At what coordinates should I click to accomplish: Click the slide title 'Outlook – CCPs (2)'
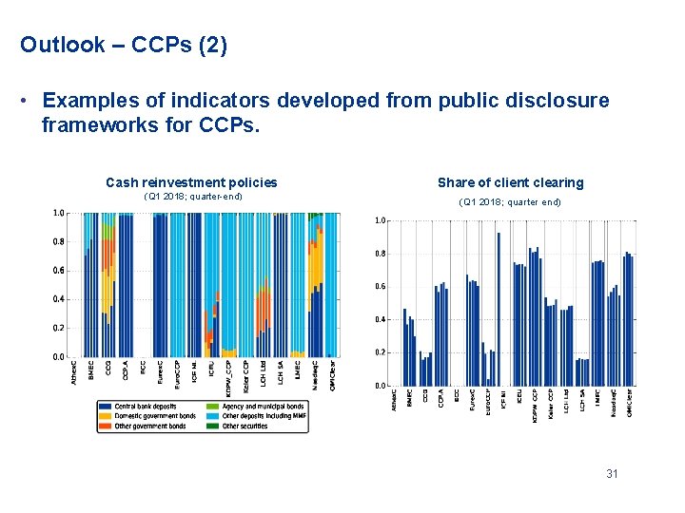(124, 45)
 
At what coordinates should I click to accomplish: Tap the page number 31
(611, 473)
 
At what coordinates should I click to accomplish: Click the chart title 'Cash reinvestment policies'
(191, 182)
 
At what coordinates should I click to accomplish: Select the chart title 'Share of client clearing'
(510, 182)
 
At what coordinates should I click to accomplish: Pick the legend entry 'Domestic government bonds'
(154, 416)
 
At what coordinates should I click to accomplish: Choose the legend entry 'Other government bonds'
(149, 427)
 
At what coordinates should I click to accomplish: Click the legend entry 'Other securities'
(245, 427)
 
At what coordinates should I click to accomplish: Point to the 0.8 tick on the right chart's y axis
(380, 254)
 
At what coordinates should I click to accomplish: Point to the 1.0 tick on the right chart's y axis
(380, 220)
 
